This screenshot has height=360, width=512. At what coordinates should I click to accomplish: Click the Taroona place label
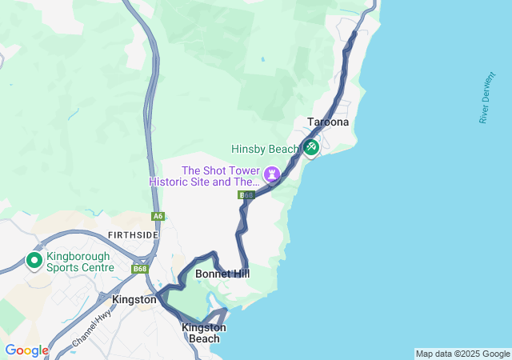(x=326, y=123)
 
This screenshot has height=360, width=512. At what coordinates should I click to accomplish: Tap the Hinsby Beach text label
(x=265, y=149)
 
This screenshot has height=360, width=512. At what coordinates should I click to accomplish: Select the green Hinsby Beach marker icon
(x=310, y=147)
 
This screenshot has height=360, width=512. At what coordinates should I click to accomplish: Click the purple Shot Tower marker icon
(x=273, y=173)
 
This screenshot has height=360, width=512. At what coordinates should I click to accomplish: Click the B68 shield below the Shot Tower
(x=246, y=195)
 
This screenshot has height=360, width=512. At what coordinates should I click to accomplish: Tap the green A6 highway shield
(x=158, y=216)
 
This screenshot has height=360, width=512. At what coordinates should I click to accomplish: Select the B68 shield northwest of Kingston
(x=140, y=269)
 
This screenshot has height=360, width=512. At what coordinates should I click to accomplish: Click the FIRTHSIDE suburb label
(x=128, y=234)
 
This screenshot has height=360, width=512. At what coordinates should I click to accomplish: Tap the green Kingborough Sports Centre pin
(x=34, y=261)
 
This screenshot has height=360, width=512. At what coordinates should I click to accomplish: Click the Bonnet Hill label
(x=222, y=274)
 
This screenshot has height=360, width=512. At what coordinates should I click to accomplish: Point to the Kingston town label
(x=134, y=299)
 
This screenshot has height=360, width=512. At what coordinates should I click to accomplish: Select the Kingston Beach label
(x=204, y=333)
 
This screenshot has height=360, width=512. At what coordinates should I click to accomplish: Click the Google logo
(x=26, y=350)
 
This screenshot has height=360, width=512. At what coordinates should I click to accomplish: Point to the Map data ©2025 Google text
(x=462, y=354)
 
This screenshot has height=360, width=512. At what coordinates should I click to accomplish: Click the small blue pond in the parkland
(x=262, y=59)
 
